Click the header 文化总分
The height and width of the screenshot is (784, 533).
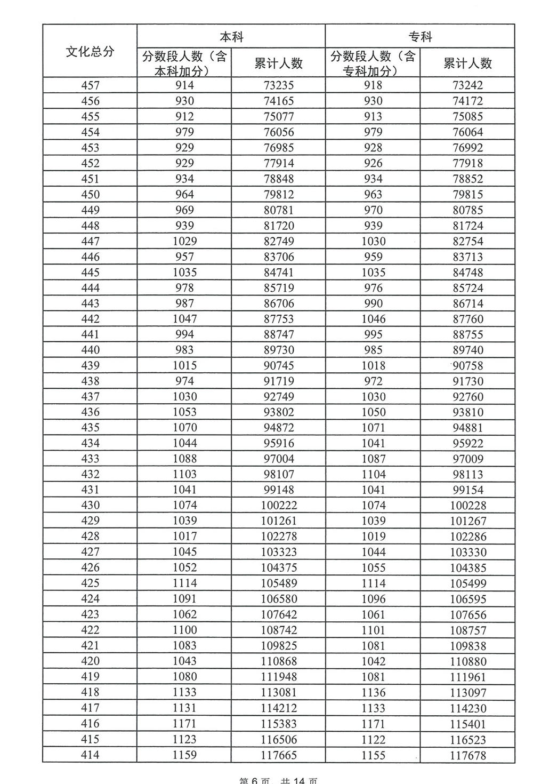(90, 51)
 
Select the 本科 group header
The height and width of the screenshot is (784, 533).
(231, 36)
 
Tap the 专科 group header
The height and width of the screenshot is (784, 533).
(420, 36)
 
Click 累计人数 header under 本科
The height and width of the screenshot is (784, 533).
(279, 63)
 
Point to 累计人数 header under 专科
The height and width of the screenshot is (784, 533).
(467, 63)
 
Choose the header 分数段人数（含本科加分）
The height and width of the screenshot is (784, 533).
(184, 63)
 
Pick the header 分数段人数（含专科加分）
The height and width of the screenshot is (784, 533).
(373, 63)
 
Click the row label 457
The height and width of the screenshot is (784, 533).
(90, 85)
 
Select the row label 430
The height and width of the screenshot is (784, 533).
(90, 505)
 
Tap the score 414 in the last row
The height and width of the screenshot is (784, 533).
(90, 755)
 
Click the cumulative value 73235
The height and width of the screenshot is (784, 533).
(279, 85)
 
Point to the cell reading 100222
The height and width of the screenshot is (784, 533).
(279, 505)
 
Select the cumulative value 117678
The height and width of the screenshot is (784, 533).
(468, 755)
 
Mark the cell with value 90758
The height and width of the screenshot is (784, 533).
(468, 366)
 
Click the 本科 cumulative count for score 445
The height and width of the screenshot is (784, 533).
(279, 272)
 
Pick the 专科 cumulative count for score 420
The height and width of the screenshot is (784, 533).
(468, 661)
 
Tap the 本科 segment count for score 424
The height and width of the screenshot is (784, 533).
(184, 599)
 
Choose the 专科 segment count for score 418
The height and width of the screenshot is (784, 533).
(373, 692)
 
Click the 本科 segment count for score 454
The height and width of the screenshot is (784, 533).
(184, 132)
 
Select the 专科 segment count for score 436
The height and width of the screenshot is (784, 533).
(373, 412)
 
